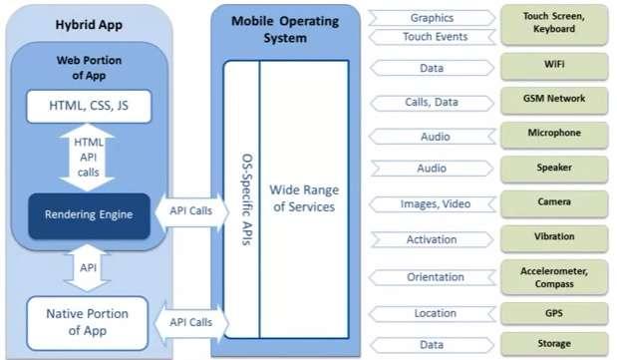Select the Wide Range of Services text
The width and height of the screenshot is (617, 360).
[x=303, y=198]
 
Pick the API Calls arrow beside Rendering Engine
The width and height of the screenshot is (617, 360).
[x=188, y=212]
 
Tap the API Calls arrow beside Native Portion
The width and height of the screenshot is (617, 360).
[x=188, y=322]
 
